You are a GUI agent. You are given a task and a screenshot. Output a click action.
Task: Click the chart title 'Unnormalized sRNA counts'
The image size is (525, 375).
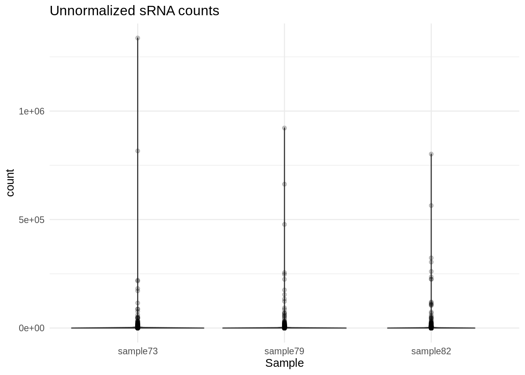click(134, 11)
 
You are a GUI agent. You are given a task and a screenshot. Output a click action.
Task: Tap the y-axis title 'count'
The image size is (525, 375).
click(10, 182)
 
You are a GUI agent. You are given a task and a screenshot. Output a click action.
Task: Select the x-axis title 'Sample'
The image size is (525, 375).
click(284, 363)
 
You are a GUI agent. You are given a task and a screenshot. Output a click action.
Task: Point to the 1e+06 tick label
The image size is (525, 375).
click(32, 111)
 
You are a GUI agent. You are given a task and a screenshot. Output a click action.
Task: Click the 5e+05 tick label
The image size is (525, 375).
click(32, 220)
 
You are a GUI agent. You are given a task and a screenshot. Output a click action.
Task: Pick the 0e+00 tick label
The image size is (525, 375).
click(32, 328)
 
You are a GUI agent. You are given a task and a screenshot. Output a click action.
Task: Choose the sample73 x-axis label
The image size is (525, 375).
click(137, 351)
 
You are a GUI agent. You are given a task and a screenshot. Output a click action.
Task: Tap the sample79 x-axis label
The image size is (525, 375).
click(284, 351)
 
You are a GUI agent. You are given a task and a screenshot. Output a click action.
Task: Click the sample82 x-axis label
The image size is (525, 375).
click(431, 351)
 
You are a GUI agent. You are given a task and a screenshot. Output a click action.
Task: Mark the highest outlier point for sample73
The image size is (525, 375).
click(137, 38)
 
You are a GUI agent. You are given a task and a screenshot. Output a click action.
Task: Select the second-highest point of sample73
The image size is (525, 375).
click(137, 151)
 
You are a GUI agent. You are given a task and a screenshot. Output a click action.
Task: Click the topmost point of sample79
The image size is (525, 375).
click(284, 128)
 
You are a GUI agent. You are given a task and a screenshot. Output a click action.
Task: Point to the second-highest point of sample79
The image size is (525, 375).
click(284, 184)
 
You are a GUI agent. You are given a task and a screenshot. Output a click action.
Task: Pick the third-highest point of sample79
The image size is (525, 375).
click(284, 224)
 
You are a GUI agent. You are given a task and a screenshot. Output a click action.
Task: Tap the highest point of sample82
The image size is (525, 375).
click(431, 154)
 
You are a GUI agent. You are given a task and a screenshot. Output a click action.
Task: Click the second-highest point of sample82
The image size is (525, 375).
click(431, 205)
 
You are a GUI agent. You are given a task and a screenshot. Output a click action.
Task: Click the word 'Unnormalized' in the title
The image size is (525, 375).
click(92, 11)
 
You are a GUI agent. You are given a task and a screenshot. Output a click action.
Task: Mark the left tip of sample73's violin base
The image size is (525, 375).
click(72, 328)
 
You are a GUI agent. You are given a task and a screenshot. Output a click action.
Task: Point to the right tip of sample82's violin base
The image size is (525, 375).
click(475, 328)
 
